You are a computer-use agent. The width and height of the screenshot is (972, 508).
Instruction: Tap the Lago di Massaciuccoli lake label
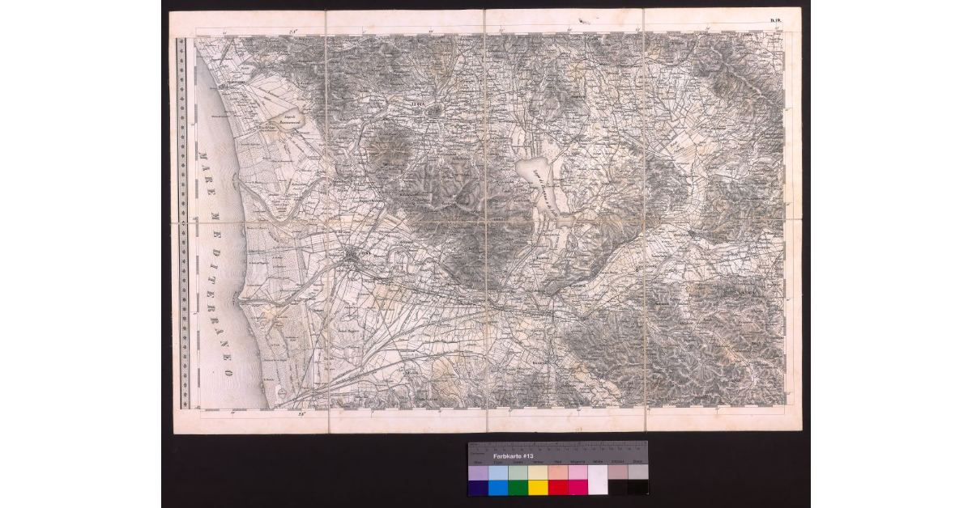click(x=280, y=121)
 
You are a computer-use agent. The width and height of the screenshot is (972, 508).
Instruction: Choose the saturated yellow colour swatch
click(x=537, y=487)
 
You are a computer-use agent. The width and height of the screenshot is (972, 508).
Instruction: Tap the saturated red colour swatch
click(x=557, y=487)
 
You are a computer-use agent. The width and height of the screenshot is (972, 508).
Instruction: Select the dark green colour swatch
click(x=517, y=487)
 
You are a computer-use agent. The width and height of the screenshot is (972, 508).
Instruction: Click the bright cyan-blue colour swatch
click(x=497, y=487)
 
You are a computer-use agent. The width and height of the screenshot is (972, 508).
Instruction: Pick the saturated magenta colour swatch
click(x=577, y=487)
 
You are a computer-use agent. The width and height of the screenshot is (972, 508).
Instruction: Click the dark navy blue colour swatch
click(x=477, y=488)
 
